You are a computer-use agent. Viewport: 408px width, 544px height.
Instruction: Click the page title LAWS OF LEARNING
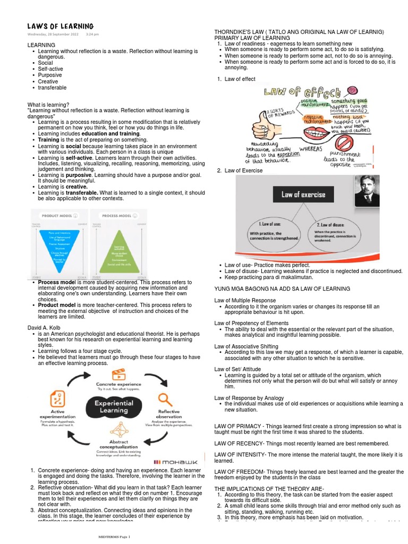tap(61, 27)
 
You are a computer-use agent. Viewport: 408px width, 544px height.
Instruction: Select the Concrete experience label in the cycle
tap(118, 384)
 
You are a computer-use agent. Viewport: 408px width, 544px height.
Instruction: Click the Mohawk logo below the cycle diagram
tap(171, 461)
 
